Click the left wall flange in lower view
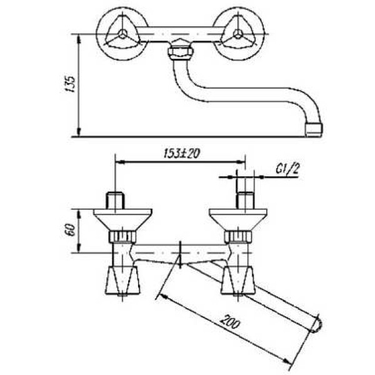121,219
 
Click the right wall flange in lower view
238,219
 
